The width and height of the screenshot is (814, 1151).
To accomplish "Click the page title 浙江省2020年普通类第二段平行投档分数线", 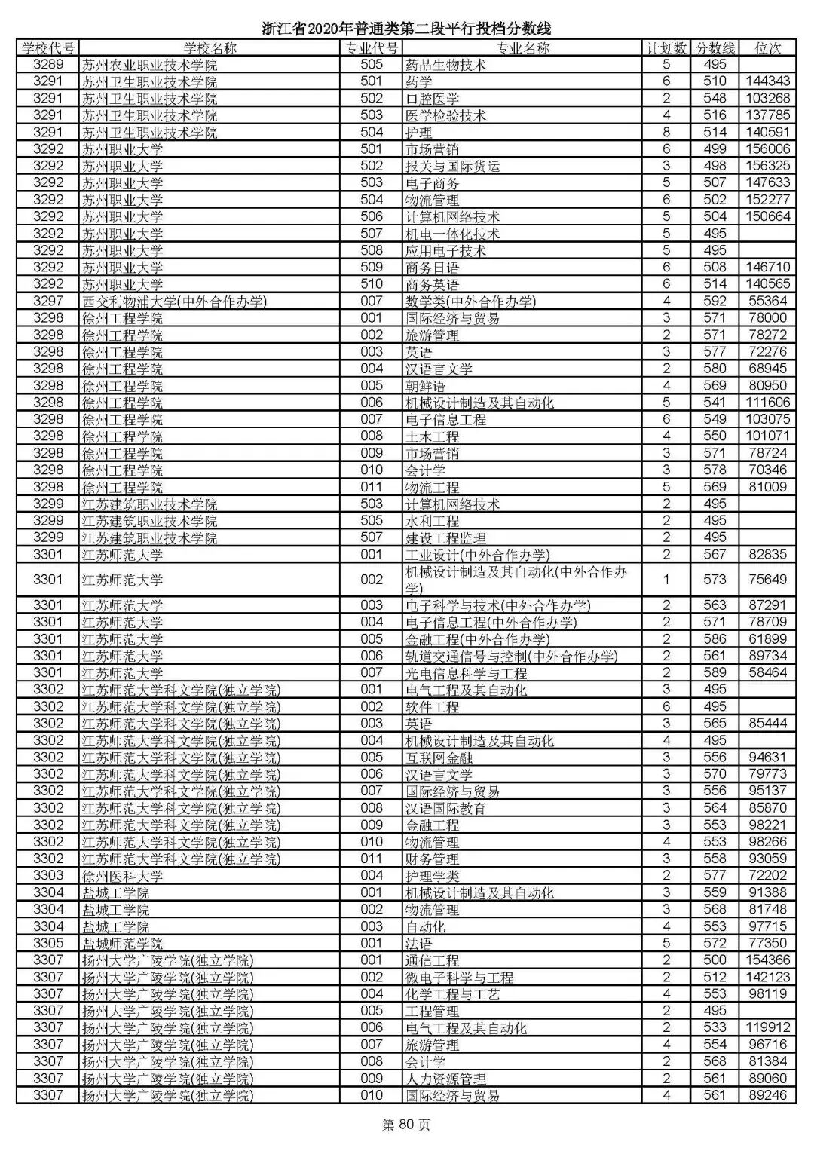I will point(406,29).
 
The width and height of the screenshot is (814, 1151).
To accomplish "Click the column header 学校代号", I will point(48,48).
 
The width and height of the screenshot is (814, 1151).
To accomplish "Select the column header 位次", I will point(767,48).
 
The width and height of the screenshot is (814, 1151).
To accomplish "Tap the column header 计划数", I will point(666,48).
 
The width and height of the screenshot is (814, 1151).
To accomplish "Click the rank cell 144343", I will point(767,81).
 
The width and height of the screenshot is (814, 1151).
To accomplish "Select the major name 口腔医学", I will point(432,99).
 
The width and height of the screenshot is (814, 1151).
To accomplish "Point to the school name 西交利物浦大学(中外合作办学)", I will point(175,302).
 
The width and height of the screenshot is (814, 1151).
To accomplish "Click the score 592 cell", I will point(714,302).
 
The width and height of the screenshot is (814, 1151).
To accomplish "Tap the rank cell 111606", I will point(767,403).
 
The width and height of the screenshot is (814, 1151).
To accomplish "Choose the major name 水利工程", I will point(432,521).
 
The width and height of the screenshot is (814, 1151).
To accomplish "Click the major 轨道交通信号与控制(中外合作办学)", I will point(511,657).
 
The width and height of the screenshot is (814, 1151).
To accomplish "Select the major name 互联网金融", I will point(439,758).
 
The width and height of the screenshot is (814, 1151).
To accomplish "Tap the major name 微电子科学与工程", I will point(459,978).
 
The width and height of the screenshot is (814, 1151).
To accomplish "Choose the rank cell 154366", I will point(767,960).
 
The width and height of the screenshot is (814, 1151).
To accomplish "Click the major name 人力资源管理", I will point(445,1079).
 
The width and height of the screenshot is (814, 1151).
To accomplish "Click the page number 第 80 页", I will point(406,1125).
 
